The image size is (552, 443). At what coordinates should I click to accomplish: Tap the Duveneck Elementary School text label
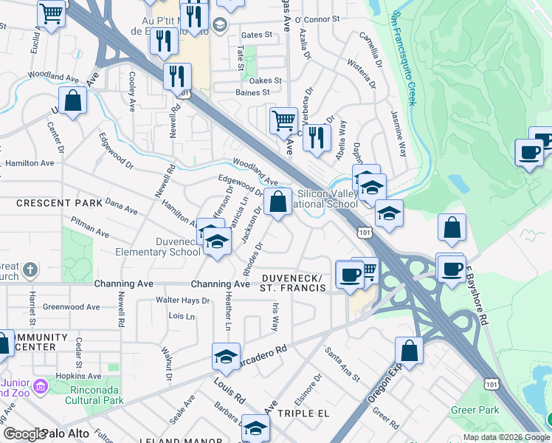(156, 247)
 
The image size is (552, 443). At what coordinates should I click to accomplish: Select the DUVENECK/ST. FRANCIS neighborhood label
(293, 283)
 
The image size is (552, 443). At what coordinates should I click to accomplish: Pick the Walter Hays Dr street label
(183, 301)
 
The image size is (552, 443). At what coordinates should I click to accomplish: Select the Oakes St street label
(266, 80)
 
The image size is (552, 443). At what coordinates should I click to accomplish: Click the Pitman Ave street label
(91, 227)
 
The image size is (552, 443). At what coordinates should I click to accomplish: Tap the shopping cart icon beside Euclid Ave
(52, 13)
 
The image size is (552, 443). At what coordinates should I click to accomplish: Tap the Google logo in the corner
(25, 434)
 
